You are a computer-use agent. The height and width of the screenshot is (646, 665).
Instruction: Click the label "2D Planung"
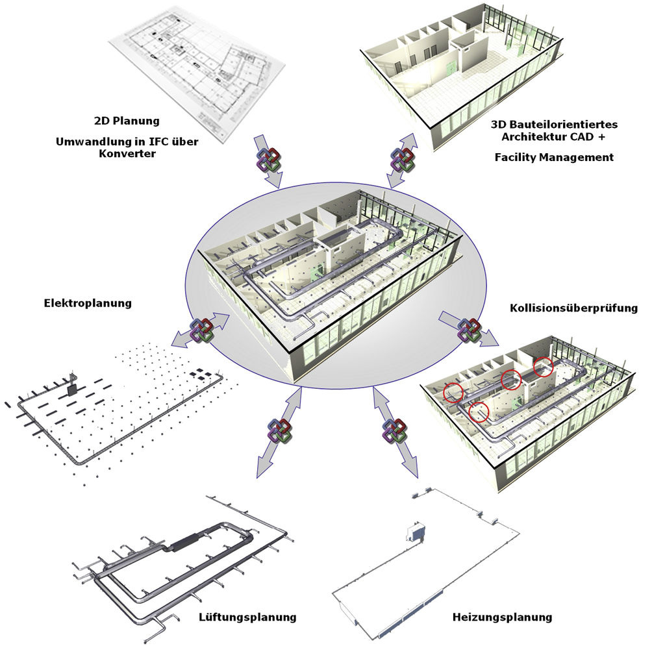click(126, 120)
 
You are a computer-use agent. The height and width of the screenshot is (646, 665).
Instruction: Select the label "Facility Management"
click(553, 156)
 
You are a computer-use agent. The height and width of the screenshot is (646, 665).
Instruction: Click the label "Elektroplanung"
click(88, 303)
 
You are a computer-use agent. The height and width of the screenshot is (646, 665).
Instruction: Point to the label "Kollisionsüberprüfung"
click(573, 307)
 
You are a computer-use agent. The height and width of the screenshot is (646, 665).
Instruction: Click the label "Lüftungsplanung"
click(247, 616)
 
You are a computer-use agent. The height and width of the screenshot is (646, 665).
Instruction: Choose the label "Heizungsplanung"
click(502, 616)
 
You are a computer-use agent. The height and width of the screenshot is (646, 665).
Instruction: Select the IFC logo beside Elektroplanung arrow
click(201, 330)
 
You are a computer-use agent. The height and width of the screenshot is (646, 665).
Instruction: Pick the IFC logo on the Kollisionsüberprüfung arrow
click(470, 330)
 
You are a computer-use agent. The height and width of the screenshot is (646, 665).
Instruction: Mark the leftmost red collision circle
click(453, 391)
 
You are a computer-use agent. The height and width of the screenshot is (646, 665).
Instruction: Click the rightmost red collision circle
click(544, 367)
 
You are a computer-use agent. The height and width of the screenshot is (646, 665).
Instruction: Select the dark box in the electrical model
click(71, 388)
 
